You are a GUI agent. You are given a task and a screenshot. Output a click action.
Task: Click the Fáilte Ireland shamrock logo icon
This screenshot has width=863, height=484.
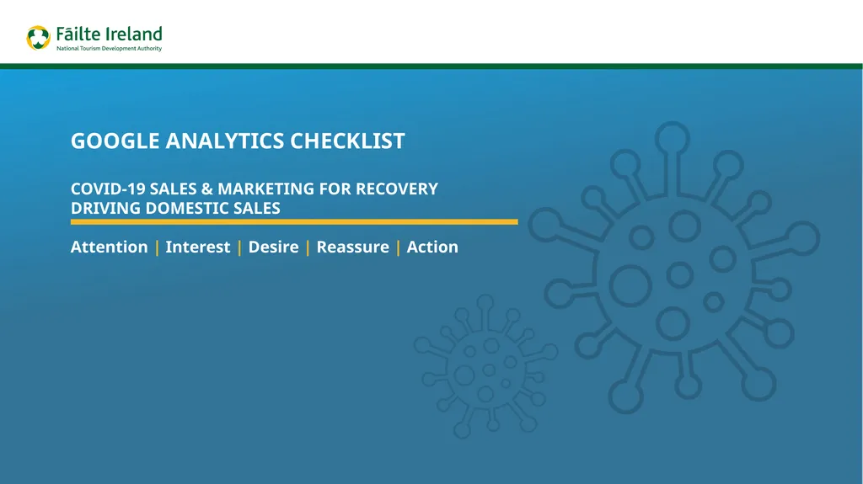(39, 38)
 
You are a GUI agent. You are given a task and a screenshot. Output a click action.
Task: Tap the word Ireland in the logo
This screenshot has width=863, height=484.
(133, 35)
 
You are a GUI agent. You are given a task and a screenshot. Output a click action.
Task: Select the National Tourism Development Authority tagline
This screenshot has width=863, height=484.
(108, 49)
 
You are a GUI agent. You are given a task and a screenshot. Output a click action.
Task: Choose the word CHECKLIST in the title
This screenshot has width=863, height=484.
(347, 141)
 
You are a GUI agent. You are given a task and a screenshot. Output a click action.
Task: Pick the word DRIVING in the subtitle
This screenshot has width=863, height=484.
(106, 208)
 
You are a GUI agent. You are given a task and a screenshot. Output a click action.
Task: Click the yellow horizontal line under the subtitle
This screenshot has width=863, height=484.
(294, 222)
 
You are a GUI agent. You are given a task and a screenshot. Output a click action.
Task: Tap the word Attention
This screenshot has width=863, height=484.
(109, 247)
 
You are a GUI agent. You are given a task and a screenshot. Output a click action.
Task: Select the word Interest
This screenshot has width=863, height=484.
(197, 247)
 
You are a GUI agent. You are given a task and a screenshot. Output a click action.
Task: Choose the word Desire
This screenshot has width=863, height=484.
(273, 247)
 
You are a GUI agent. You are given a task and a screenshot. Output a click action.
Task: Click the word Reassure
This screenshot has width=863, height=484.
(352, 247)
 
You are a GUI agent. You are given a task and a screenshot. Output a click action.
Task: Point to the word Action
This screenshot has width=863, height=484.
(432, 247)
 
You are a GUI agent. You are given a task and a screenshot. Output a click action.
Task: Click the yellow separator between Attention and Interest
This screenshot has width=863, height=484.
(157, 247)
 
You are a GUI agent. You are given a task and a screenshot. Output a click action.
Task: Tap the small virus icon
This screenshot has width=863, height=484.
(486, 367)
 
